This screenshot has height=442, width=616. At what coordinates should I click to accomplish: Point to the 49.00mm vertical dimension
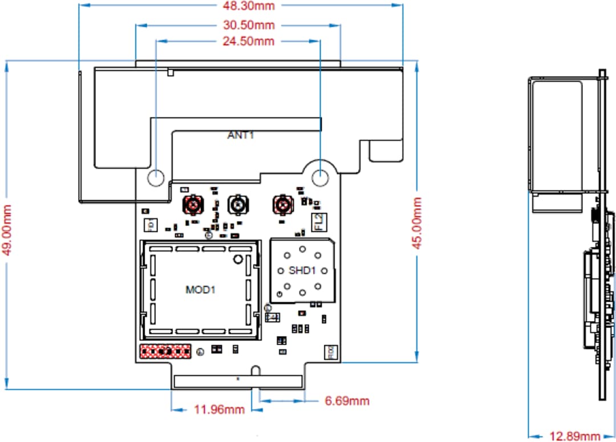coord(8,226)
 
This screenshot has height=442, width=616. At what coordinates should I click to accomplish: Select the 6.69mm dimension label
coord(347,401)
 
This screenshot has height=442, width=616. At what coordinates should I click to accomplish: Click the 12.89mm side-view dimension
coord(575,436)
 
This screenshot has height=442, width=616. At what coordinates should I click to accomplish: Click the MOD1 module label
coord(200,290)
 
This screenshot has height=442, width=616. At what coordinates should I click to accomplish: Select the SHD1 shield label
coord(302,270)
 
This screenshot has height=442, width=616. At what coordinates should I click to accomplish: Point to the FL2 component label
coord(317,221)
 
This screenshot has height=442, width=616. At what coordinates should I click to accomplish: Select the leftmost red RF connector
coord(193,204)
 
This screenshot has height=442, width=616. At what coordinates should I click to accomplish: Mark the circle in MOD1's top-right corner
coord(237,260)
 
